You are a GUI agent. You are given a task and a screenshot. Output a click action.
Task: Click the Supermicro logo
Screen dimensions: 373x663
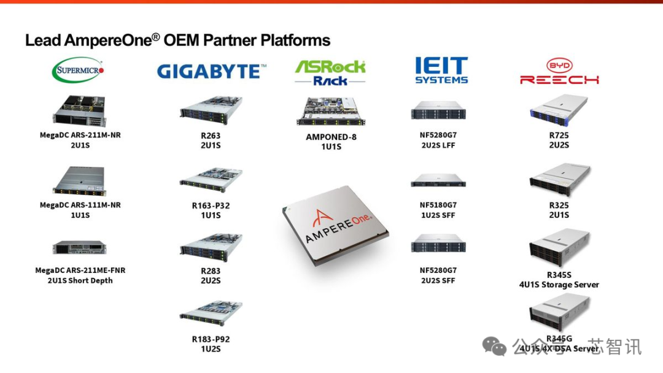pyautogui.click(x=78, y=70)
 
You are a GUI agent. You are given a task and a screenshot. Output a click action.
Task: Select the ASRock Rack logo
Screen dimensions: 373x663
pyautogui.click(x=330, y=72)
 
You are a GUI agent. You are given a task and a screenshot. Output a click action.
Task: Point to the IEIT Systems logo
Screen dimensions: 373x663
pyautogui.click(x=441, y=71)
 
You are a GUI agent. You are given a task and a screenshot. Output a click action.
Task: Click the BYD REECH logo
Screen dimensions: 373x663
pyautogui.click(x=559, y=72)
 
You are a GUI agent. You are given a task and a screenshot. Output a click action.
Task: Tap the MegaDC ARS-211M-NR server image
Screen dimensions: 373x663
pyautogui.click(x=79, y=111)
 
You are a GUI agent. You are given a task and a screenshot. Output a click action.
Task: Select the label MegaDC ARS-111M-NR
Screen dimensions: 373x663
pyautogui.click(x=80, y=205)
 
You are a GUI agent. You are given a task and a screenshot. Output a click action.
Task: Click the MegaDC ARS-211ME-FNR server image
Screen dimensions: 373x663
pyautogui.click(x=79, y=248)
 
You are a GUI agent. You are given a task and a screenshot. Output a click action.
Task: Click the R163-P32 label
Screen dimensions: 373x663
pyautogui.click(x=211, y=206)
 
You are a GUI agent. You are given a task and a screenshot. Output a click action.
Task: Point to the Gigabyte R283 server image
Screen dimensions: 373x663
pyautogui.click(x=211, y=247)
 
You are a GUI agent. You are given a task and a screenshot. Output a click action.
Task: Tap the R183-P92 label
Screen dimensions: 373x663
pyautogui.click(x=211, y=339)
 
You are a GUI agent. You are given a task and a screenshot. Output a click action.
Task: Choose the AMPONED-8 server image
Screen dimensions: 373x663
pyautogui.click(x=330, y=112)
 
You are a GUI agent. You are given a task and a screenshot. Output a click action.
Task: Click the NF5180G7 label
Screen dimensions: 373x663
pyautogui.click(x=438, y=205)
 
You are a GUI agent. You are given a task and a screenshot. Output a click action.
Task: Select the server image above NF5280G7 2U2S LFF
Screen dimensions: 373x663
pyautogui.click(x=438, y=110)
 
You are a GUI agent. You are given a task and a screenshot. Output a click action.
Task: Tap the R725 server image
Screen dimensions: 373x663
pyautogui.click(x=559, y=111)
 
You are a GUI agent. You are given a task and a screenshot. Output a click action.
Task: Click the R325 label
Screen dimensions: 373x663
pyautogui.click(x=559, y=206)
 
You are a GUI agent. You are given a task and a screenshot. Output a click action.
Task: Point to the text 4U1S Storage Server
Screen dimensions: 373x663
pyautogui.click(x=559, y=285)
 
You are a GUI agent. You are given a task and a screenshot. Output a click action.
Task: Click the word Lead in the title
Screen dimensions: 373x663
pyautogui.click(x=43, y=40)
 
